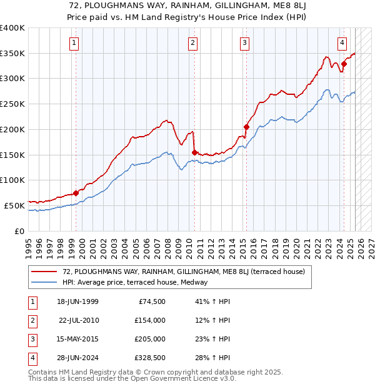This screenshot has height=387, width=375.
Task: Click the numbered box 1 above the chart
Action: tap(74, 42)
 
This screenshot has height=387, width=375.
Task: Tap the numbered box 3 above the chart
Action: tap(244, 42)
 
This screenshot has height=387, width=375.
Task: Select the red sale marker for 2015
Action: tap(246, 127)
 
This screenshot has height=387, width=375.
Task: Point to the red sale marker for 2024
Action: tap(344, 64)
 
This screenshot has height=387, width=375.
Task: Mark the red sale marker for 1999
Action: tap(76, 193)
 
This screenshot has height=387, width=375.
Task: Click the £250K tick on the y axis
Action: tap(12, 104)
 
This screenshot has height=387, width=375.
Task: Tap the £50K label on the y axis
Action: tap(14, 205)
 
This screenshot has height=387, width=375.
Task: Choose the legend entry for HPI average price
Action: tap(135, 282)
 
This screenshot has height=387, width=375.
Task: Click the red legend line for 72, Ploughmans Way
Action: tap(44, 272)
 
